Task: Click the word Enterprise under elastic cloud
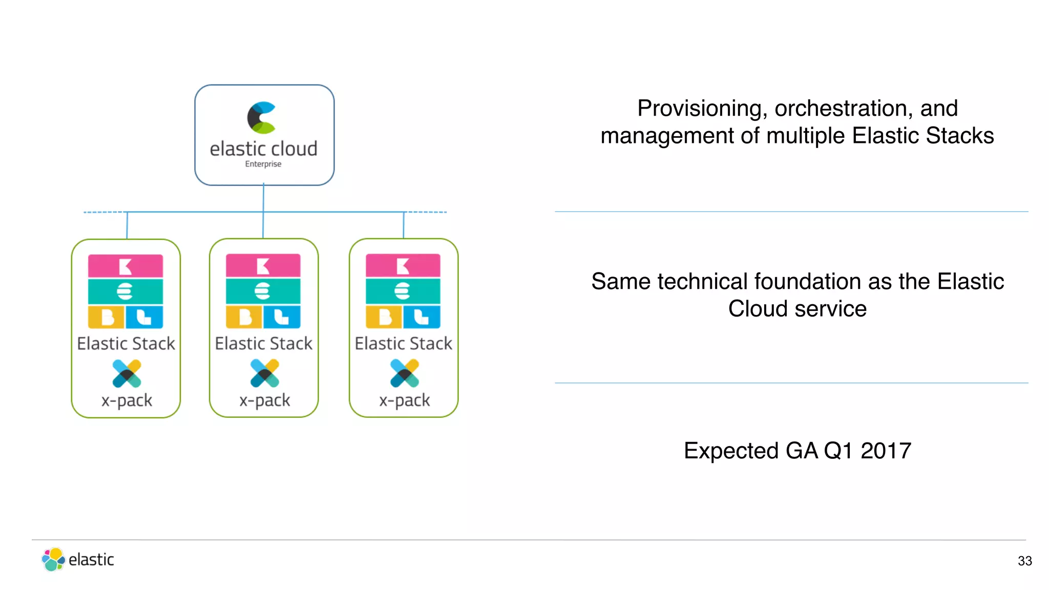pyautogui.click(x=263, y=164)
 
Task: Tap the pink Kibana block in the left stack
pyautogui.click(x=125, y=266)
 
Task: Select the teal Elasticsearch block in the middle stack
pyautogui.click(x=263, y=291)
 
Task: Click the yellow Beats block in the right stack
pyautogui.click(x=384, y=317)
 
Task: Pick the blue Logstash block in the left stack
pyautogui.click(x=144, y=317)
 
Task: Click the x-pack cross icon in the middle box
pyautogui.click(x=265, y=373)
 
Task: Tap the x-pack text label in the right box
pyautogui.click(x=404, y=400)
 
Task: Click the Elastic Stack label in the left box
pyautogui.click(x=126, y=343)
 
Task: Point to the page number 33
pyautogui.click(x=1024, y=561)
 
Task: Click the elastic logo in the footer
pyautogui.click(x=78, y=559)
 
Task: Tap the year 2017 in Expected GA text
pyautogui.click(x=886, y=451)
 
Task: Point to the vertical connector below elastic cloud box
pyautogui.click(x=263, y=199)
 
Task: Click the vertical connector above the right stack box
pyautogui.click(x=404, y=225)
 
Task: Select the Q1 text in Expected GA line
pyautogui.click(x=838, y=451)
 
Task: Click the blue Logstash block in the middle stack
pyautogui.click(x=282, y=317)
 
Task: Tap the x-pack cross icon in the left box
pyautogui.click(x=127, y=373)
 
